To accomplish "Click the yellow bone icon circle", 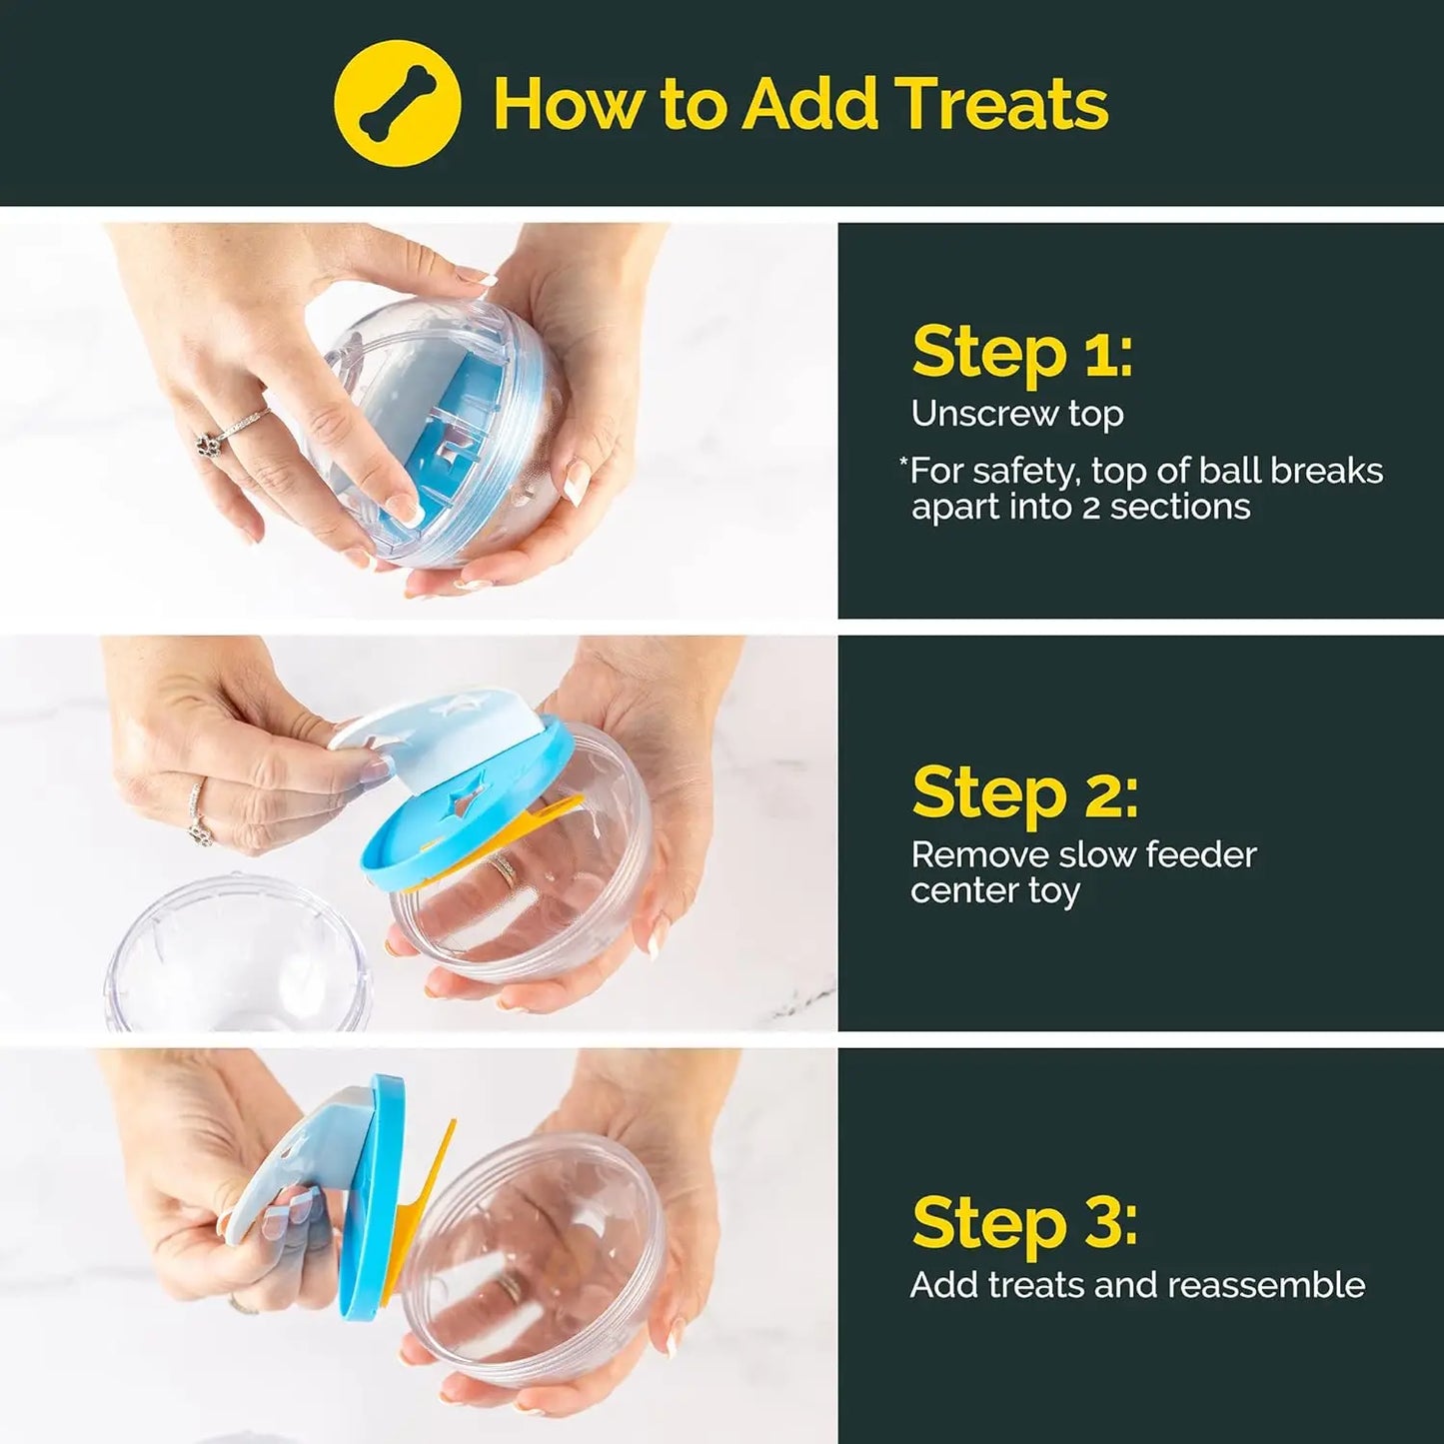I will coord(397,103).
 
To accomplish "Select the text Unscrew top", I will coord(1016,414).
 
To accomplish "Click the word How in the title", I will coord(566,103).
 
